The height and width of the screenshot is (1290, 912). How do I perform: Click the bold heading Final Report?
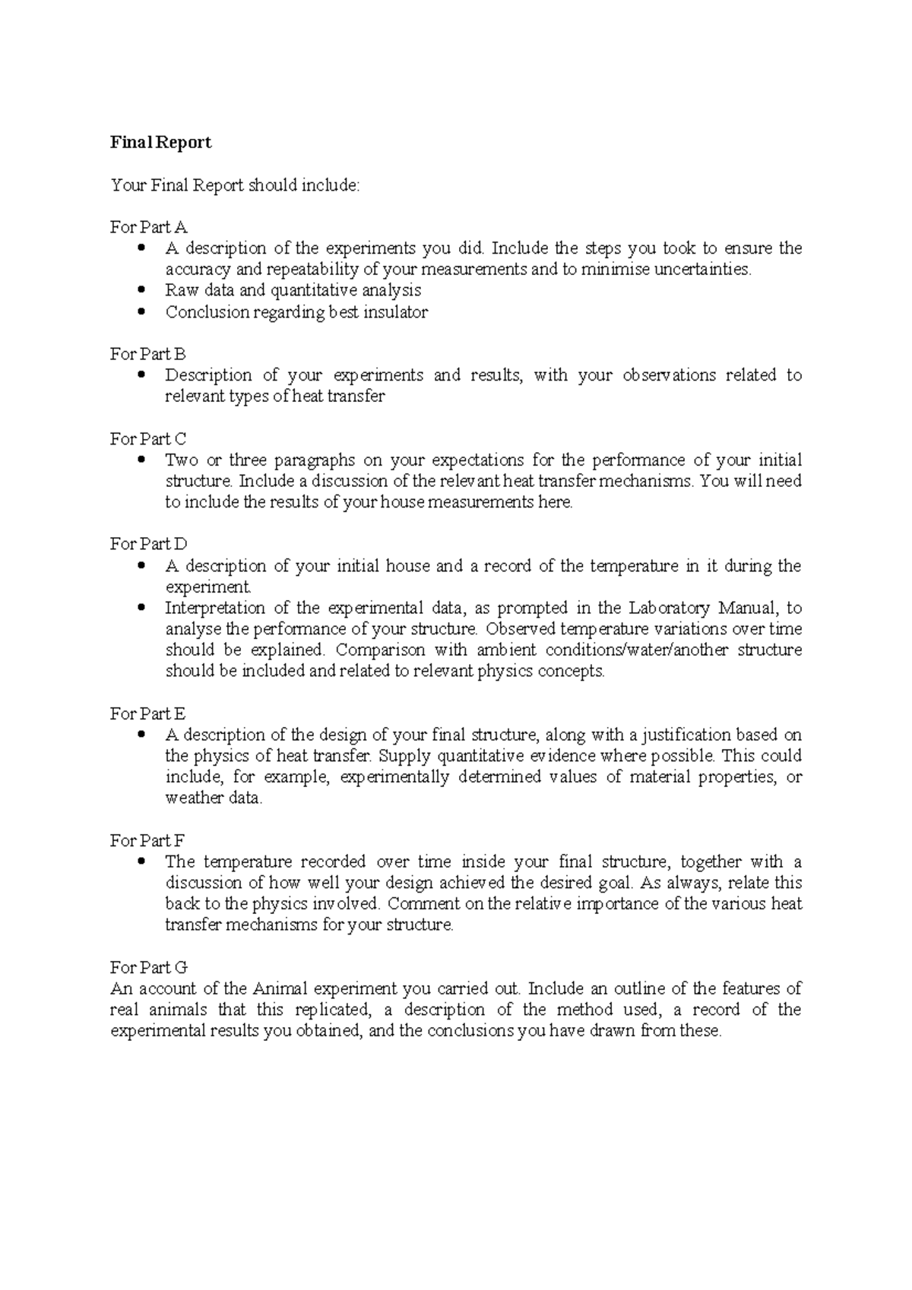tap(161, 142)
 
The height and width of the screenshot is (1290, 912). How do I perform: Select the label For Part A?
tap(149, 226)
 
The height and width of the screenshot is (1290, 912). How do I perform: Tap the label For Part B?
tap(148, 353)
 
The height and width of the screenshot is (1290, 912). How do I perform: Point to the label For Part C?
tap(148, 438)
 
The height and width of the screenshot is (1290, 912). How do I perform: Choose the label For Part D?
tap(149, 544)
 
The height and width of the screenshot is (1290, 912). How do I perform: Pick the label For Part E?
tap(148, 713)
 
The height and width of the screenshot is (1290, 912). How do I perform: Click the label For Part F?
tap(147, 840)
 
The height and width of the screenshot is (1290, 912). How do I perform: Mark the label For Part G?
tap(149, 967)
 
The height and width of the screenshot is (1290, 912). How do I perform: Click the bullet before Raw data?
tap(141, 290)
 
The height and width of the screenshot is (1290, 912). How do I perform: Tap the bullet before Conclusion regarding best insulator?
tap(141, 311)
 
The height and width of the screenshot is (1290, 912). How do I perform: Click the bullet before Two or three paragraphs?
tap(141, 460)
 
